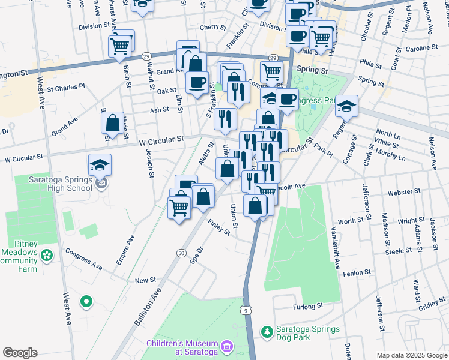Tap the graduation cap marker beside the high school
click(x=100, y=166)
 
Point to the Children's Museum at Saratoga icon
click(x=226, y=346)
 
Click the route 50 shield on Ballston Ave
click(x=181, y=254)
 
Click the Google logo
click(x=20, y=353)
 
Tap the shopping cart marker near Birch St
click(x=120, y=46)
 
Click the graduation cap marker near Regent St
click(x=346, y=107)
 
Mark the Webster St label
click(x=402, y=192)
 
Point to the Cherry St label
click(x=212, y=27)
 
